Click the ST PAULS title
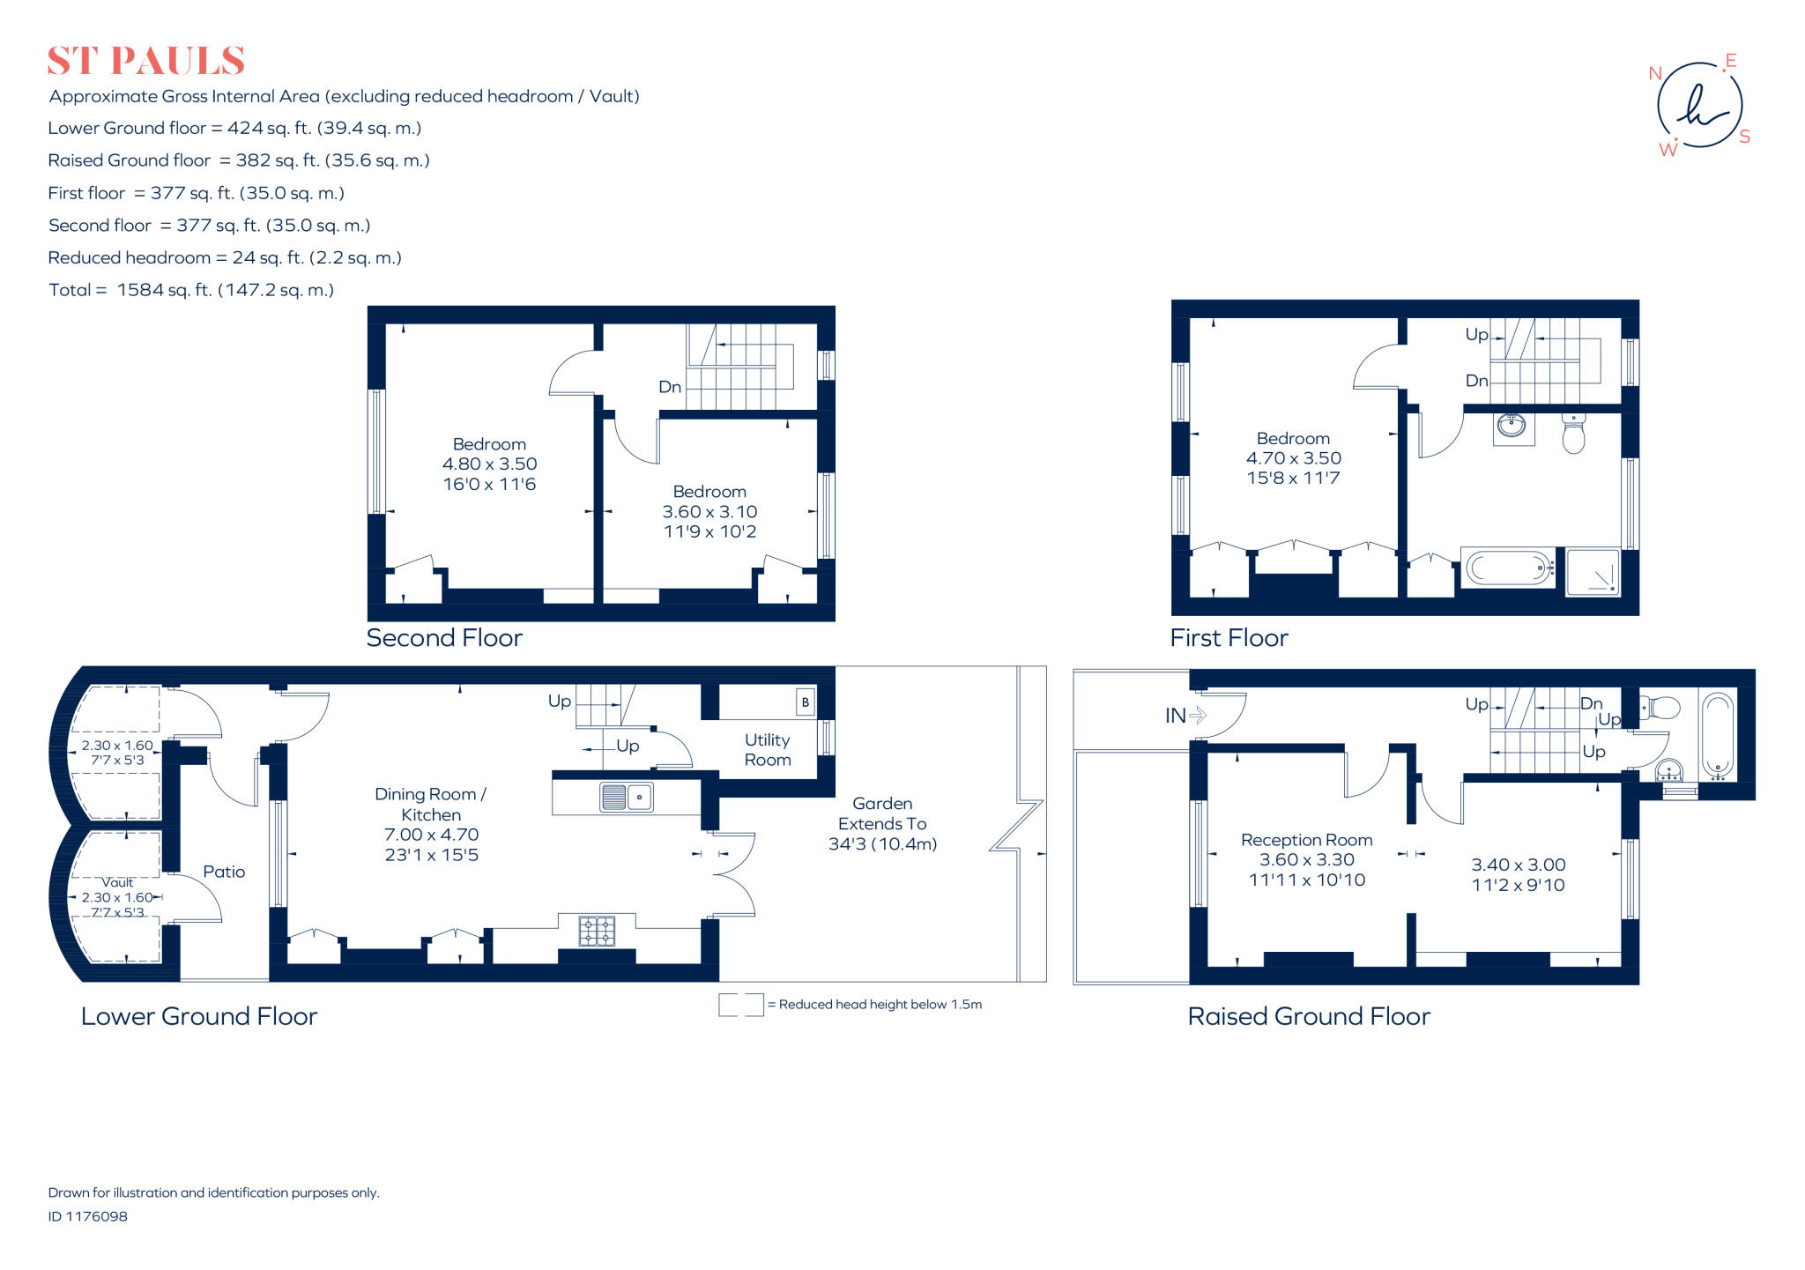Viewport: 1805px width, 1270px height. (x=145, y=61)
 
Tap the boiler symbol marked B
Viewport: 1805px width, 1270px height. (x=805, y=702)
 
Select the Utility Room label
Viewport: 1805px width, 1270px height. (x=767, y=749)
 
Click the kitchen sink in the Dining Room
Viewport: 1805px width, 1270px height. (x=626, y=797)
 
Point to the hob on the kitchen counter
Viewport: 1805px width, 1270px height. (x=597, y=932)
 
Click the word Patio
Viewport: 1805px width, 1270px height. (x=224, y=872)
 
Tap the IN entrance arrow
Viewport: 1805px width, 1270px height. (x=1185, y=716)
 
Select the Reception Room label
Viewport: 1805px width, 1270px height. (x=1306, y=840)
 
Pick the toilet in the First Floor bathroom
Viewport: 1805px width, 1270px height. (x=1573, y=434)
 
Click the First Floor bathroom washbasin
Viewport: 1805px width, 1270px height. (x=1512, y=427)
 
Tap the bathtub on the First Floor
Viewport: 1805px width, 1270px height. (x=1509, y=568)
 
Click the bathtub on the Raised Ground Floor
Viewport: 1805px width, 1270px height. (x=1717, y=736)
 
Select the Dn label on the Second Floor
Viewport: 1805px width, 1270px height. (x=670, y=387)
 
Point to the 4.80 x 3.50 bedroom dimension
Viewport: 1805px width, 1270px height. (x=489, y=464)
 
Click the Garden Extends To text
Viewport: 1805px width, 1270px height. (x=882, y=813)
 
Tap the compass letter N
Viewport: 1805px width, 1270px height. (x=1655, y=74)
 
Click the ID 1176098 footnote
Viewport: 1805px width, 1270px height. (x=88, y=1216)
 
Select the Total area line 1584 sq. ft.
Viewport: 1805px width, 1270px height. (x=191, y=290)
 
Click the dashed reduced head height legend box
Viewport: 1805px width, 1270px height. (x=740, y=1005)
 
